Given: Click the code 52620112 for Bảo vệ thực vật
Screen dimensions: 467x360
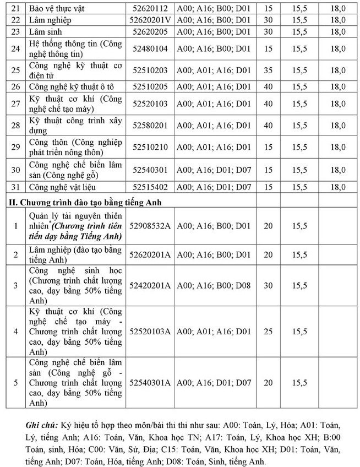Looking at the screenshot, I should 150,8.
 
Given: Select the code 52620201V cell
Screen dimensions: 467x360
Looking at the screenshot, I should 150,20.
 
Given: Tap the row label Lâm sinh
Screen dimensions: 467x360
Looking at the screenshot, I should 45,31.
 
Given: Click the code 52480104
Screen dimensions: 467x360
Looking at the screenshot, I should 150,49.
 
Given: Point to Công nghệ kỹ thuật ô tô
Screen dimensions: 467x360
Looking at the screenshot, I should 74,86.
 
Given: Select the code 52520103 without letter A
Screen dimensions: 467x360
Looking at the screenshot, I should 150,104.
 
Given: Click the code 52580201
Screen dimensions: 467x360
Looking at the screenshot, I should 150,125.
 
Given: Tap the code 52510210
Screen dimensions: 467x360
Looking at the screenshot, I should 150,147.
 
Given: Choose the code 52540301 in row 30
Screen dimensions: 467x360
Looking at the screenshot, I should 150,169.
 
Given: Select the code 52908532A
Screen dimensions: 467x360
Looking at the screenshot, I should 150,226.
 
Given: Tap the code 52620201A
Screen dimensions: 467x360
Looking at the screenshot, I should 150,254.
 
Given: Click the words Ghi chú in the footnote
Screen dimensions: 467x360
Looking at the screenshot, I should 41,426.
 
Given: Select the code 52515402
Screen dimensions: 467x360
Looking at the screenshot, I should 150,187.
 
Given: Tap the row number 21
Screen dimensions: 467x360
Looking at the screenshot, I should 15,8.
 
